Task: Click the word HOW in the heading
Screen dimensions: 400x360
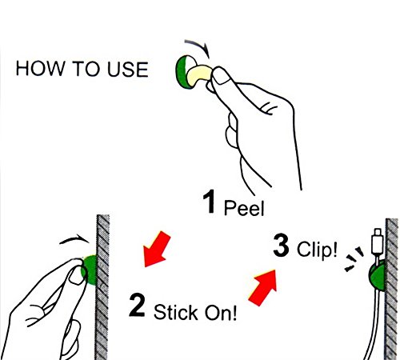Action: point(40,69)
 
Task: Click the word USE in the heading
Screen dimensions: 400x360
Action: point(127,69)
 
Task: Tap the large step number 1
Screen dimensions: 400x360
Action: point(209,202)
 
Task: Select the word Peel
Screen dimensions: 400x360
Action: point(244,207)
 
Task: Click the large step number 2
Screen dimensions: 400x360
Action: point(137,305)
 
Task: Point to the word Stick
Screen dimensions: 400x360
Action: point(176,312)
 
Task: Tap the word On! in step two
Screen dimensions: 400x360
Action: point(220,312)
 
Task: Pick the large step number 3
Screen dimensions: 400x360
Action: point(281,245)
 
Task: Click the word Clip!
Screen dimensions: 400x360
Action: point(317,249)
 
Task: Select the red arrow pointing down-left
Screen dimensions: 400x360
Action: point(156,249)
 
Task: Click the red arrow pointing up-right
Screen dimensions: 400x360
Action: point(263,288)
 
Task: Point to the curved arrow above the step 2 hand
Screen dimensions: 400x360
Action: point(74,239)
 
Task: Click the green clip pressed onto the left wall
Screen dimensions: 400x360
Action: point(90,270)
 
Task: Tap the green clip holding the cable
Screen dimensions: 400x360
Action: point(377,276)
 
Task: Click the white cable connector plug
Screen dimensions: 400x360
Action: point(378,241)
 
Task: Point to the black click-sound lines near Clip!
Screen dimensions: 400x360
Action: point(354,258)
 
